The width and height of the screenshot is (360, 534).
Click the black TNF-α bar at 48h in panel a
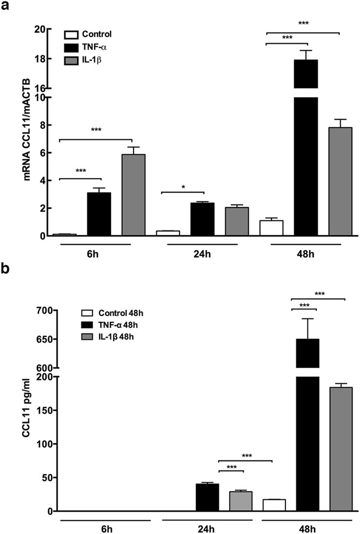coord(306,160)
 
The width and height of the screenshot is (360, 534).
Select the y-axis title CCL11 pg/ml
coord(11,411)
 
